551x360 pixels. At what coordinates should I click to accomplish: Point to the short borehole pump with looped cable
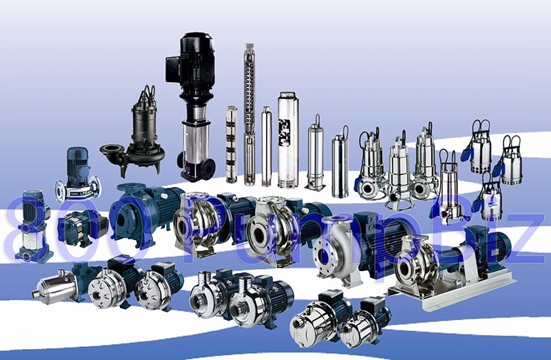316,155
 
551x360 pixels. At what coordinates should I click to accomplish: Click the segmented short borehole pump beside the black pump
231,145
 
